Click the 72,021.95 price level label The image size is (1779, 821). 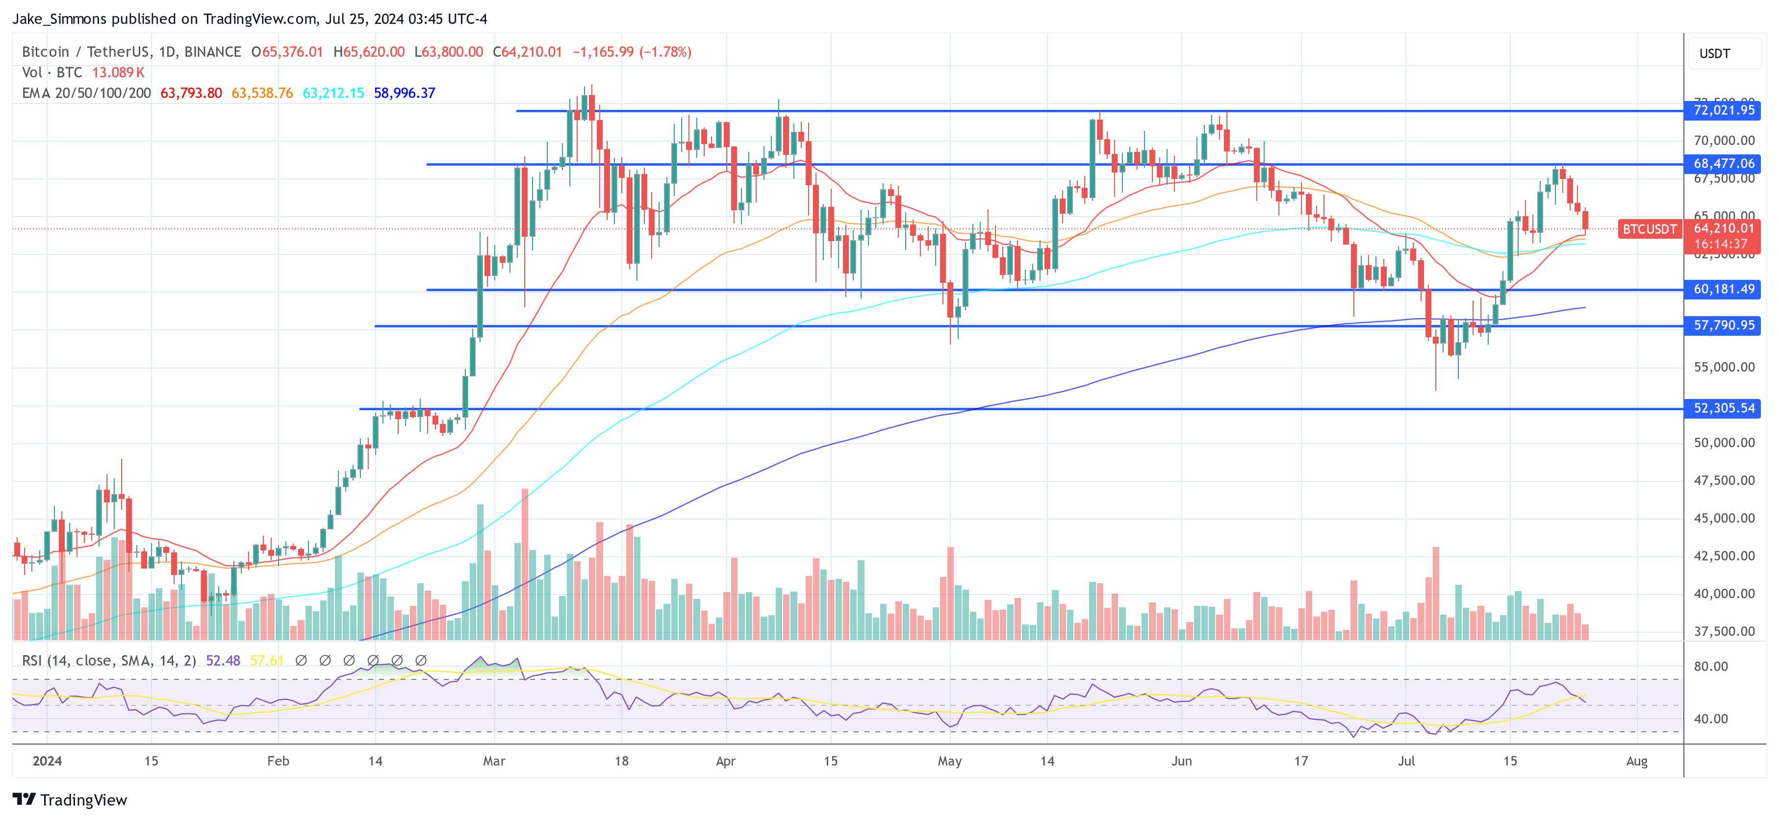pyautogui.click(x=1723, y=110)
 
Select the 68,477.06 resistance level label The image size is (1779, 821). pyautogui.click(x=1723, y=164)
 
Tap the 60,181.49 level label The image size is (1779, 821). pyautogui.click(x=1723, y=289)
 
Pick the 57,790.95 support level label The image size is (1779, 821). pyautogui.click(x=1723, y=325)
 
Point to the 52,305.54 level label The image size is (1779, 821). pyautogui.click(x=1723, y=408)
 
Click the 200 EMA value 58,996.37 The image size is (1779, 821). pyautogui.click(x=404, y=93)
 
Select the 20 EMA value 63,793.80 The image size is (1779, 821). pyautogui.click(x=191, y=93)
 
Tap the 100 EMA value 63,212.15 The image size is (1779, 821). pyautogui.click(x=333, y=93)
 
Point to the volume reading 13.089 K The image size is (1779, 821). pyautogui.click(x=118, y=73)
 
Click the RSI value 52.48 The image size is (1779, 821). pyautogui.click(x=223, y=661)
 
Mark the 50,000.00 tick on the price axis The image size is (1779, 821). pyautogui.click(x=1724, y=443)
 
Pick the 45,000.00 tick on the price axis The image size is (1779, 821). pyautogui.click(x=1724, y=518)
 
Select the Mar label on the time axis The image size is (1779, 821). pyautogui.click(x=494, y=761)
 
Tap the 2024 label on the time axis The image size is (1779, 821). pyautogui.click(x=47, y=761)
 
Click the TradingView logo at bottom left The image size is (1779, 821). pyautogui.click(x=70, y=799)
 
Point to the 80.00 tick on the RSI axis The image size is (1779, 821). pyautogui.click(x=1711, y=666)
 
